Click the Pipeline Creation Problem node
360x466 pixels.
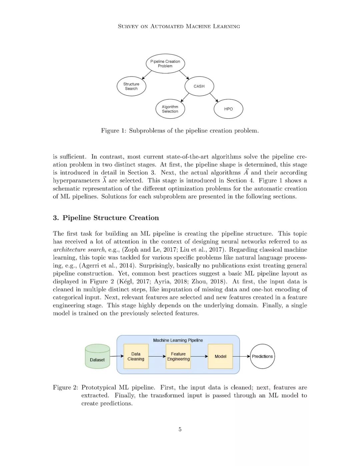pyautogui.click(x=165, y=64)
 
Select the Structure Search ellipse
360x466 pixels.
pyautogui.click(x=131, y=86)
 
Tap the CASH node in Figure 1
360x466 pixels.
pyautogui.click(x=199, y=86)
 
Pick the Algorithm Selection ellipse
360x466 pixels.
pyautogui.click(x=170, y=109)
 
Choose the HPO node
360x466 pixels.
pyautogui.click(x=228, y=109)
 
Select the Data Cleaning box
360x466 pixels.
pyautogui.click(x=136, y=356)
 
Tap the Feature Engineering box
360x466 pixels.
pyautogui.click(x=178, y=356)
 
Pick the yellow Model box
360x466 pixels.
pyautogui.click(x=220, y=356)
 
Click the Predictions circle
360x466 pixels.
pyautogui.click(x=262, y=356)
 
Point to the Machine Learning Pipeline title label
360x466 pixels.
pyautogui.click(x=178, y=340)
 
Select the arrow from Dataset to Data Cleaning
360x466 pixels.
pyautogui.click(x=117, y=356)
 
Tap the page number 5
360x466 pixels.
pyautogui.click(x=180, y=429)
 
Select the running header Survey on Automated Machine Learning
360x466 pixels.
pyautogui.click(x=179, y=26)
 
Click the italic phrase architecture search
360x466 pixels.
pyautogui.click(x=79, y=250)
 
